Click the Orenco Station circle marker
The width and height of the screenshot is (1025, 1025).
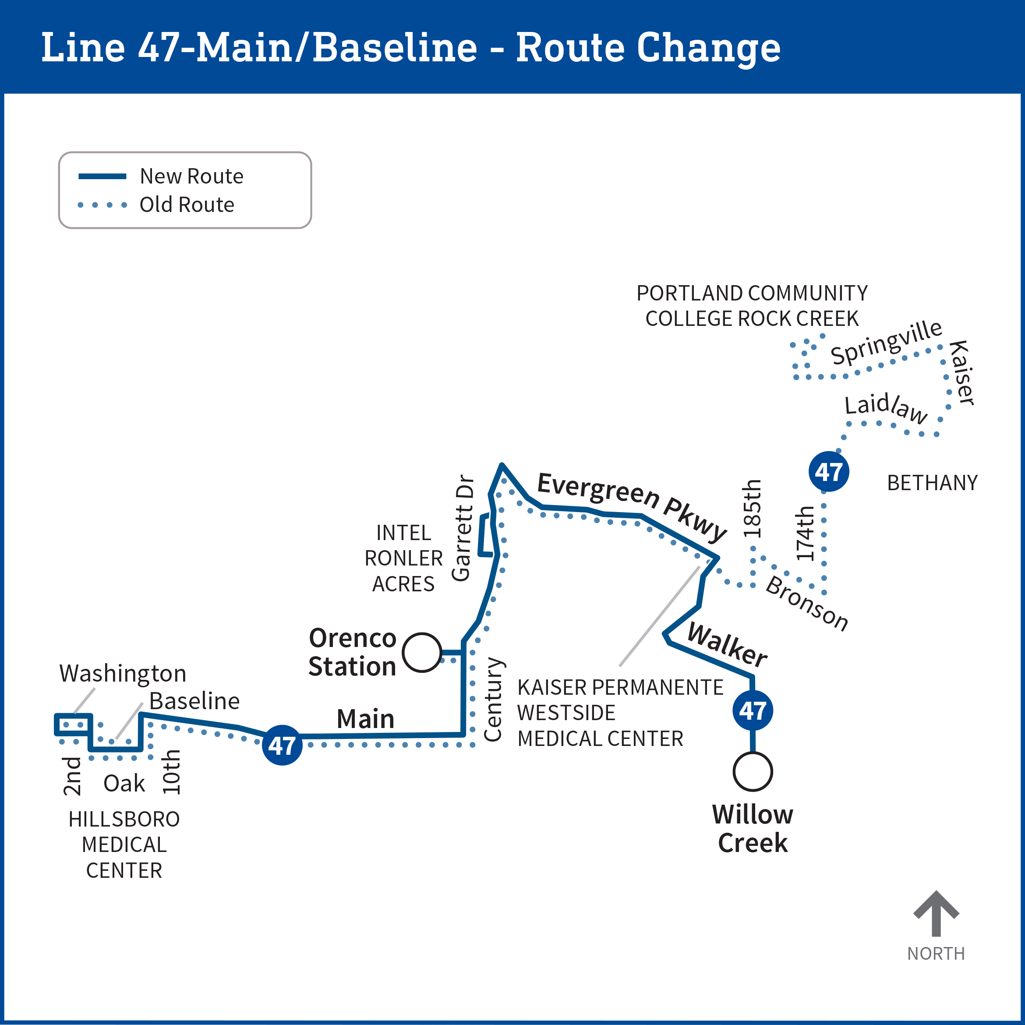(422, 653)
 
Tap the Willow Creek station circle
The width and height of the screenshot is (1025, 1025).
(752, 771)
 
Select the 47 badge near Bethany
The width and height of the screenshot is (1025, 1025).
(829, 471)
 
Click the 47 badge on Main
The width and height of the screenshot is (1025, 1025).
(282, 745)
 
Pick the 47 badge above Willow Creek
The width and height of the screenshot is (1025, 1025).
(752, 710)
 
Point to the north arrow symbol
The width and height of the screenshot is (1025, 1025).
(936, 913)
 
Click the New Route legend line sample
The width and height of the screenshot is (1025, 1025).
(102, 176)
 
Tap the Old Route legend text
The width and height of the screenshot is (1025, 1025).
(187, 205)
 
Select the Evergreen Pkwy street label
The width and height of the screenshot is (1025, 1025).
(631, 505)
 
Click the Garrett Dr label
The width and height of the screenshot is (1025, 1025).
(462, 528)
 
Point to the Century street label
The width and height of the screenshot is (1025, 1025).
(493, 699)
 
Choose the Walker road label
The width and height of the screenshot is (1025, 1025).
(727, 645)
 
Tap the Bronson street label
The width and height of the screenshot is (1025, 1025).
(806, 603)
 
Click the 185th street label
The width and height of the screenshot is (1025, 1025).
(752, 508)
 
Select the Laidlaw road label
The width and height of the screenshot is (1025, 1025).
(886, 407)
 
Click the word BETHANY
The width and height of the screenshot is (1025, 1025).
(932, 483)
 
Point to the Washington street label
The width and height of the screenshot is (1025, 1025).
(123, 673)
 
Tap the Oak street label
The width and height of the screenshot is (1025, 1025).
(124, 783)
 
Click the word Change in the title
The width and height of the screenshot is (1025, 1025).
(708, 48)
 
